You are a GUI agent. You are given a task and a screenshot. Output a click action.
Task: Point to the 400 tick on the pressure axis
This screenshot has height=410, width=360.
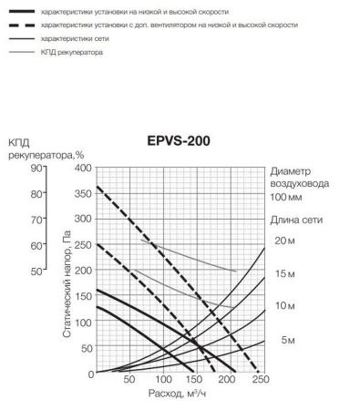[x=83, y=169]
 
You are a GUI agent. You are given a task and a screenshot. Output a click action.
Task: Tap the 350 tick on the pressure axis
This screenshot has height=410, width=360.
[x=83, y=194]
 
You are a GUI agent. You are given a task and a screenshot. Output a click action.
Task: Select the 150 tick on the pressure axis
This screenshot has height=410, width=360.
[x=83, y=297]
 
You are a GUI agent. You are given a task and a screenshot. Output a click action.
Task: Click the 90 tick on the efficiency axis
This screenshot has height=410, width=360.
[x=37, y=169]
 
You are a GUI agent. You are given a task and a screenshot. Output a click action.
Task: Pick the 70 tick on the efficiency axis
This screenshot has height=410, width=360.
[x=37, y=220]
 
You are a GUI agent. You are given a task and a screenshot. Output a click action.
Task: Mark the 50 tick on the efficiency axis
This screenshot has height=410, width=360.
[x=37, y=272]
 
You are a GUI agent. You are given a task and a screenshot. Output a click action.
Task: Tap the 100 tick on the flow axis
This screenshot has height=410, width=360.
[x=162, y=380]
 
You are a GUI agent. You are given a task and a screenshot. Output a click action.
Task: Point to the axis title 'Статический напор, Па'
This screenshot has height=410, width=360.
[x=67, y=285]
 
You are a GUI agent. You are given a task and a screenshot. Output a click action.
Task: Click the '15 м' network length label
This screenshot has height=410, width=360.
[x=285, y=272]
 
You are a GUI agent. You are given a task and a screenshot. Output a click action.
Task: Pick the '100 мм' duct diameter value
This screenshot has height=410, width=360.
[x=287, y=196]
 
